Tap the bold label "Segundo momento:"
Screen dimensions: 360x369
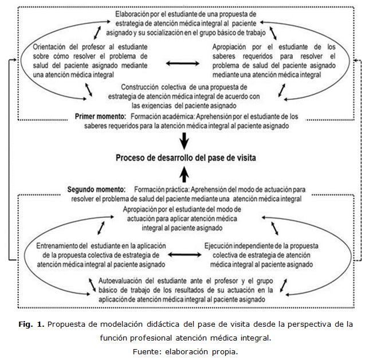click(x=96, y=189)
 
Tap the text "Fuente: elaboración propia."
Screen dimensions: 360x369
click(x=185, y=351)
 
